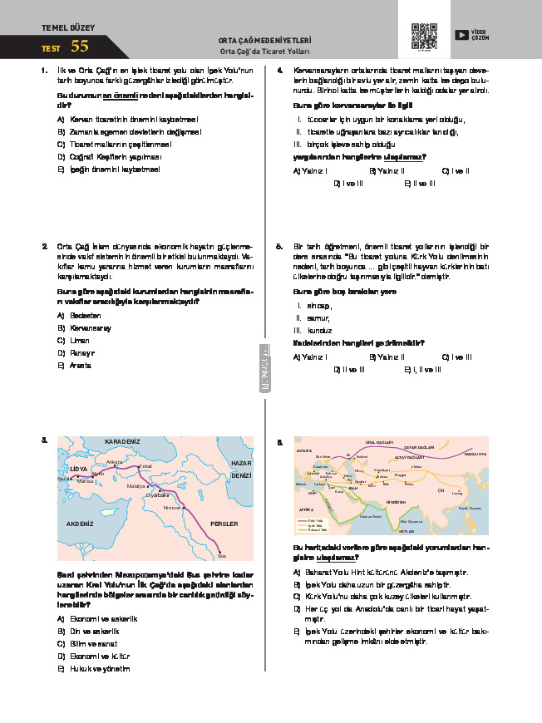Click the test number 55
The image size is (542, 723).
[80, 47]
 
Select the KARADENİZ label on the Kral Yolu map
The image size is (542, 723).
[123, 440]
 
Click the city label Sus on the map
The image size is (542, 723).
[222, 555]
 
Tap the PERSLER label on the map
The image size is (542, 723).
[225, 524]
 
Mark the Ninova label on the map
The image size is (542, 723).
[172, 507]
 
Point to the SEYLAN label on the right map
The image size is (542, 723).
[406, 529]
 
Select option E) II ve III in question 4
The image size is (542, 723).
[419, 183]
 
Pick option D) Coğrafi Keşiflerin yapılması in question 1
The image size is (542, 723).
[109, 155]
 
